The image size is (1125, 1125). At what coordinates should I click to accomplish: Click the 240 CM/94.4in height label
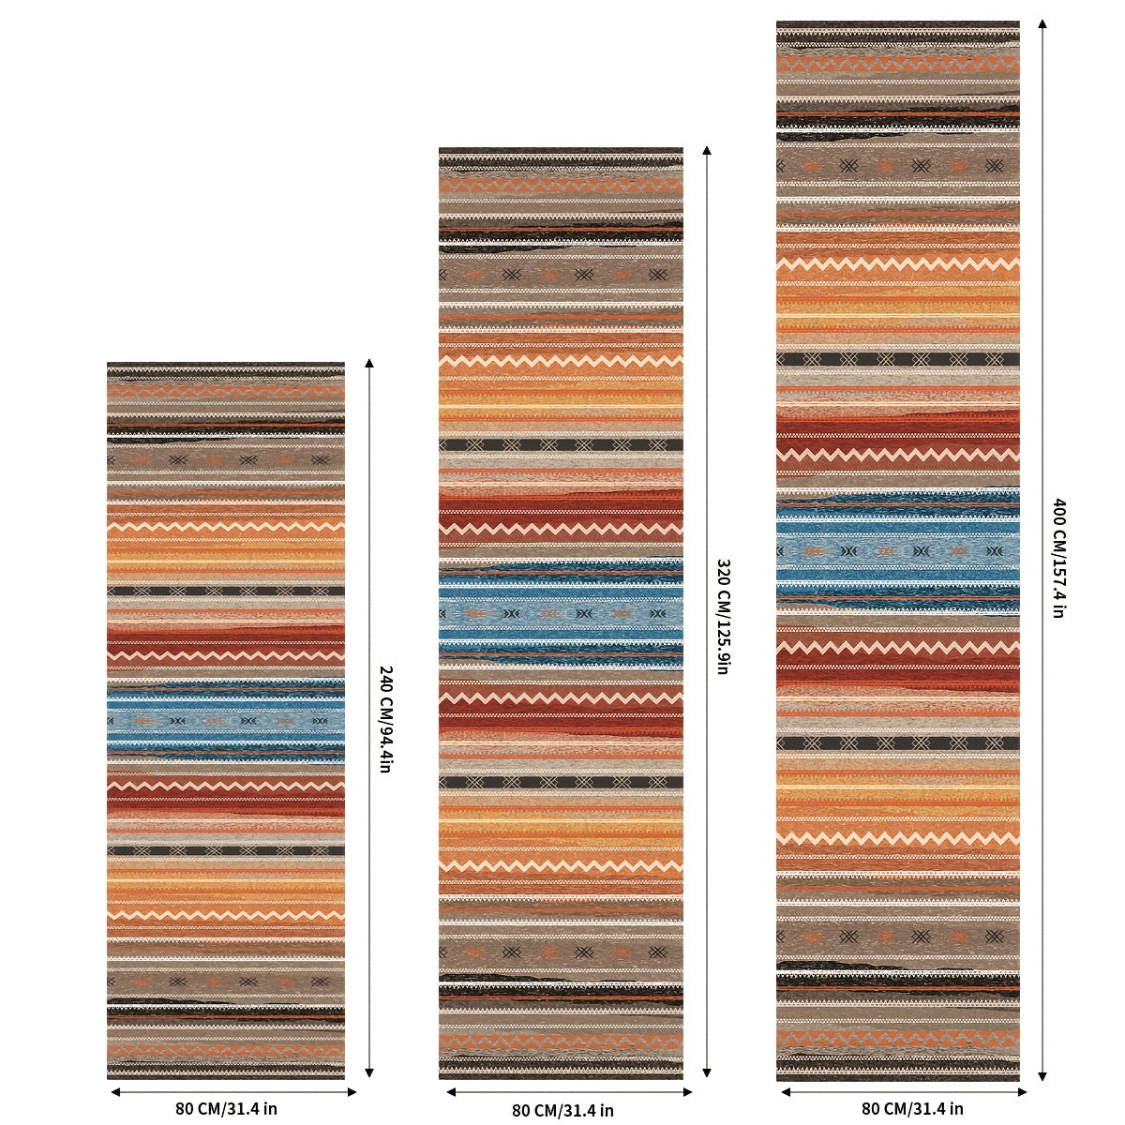click(x=385, y=719)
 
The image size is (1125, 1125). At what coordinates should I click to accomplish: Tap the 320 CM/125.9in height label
click(x=723, y=617)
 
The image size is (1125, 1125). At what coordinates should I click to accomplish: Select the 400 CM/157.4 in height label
click(x=1059, y=558)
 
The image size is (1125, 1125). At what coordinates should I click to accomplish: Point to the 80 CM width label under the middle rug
click(x=562, y=1110)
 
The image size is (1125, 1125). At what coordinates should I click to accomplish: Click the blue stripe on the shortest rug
click(x=226, y=721)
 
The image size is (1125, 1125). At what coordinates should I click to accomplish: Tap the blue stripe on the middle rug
click(x=561, y=614)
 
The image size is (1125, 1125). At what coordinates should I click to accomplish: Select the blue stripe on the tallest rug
click(x=898, y=550)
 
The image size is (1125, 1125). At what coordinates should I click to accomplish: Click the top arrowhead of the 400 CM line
click(x=1042, y=23)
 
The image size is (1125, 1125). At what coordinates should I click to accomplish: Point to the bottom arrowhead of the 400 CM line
click(x=1042, y=1076)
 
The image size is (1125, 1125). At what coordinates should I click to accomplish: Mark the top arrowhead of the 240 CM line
click(x=369, y=363)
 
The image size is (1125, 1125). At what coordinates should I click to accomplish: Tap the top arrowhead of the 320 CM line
click(x=707, y=151)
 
